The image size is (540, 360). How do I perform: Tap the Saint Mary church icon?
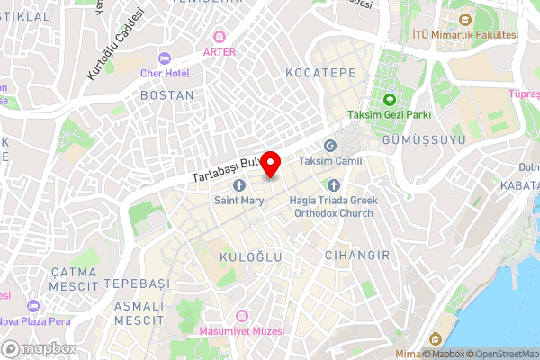tap(239, 185)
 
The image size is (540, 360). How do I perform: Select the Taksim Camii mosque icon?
tap(329, 147)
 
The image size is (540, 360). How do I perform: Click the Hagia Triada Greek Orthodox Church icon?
tap(333, 185)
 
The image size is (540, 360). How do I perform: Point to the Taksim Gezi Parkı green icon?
tap(390, 100)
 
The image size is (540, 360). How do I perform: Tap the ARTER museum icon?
tap(219, 37)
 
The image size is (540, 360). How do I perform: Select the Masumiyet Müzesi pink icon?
tap(241, 316)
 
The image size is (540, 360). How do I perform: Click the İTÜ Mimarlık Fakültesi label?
tap(464, 34)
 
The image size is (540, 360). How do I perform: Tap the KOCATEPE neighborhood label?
tap(320, 72)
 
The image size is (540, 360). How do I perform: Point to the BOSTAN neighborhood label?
tap(167, 94)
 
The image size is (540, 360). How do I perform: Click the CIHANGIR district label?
tap(357, 256)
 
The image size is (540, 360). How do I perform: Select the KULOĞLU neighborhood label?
tap(251, 257)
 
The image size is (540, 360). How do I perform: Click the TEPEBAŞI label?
tap(137, 283)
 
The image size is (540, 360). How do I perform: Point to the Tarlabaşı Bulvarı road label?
tap(225, 172)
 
